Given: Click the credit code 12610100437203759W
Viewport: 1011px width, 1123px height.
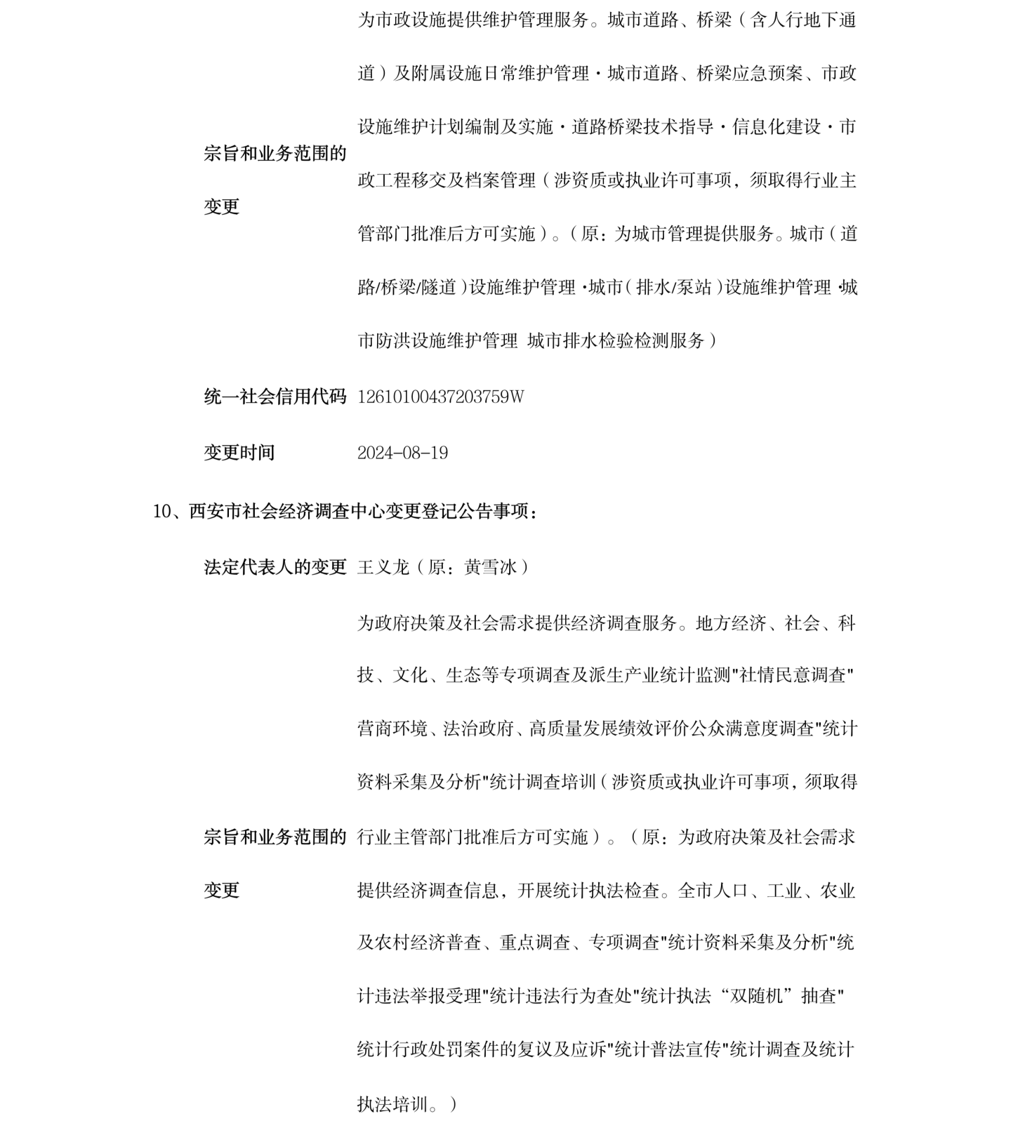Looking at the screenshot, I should [440, 397].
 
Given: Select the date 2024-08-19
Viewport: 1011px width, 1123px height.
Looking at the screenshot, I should [402, 453].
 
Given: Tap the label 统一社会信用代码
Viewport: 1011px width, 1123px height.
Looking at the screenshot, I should [275, 397].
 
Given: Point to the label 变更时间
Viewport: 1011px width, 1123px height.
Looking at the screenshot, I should [239, 453].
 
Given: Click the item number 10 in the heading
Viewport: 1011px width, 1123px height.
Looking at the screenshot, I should [161, 512].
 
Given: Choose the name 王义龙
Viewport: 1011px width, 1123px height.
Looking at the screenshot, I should [383, 567].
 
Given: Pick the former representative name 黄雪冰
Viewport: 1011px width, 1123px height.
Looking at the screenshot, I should [491, 567].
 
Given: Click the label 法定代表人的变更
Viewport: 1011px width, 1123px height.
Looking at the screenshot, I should [275, 567].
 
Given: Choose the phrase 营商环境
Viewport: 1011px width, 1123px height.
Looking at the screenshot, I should [392, 729].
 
